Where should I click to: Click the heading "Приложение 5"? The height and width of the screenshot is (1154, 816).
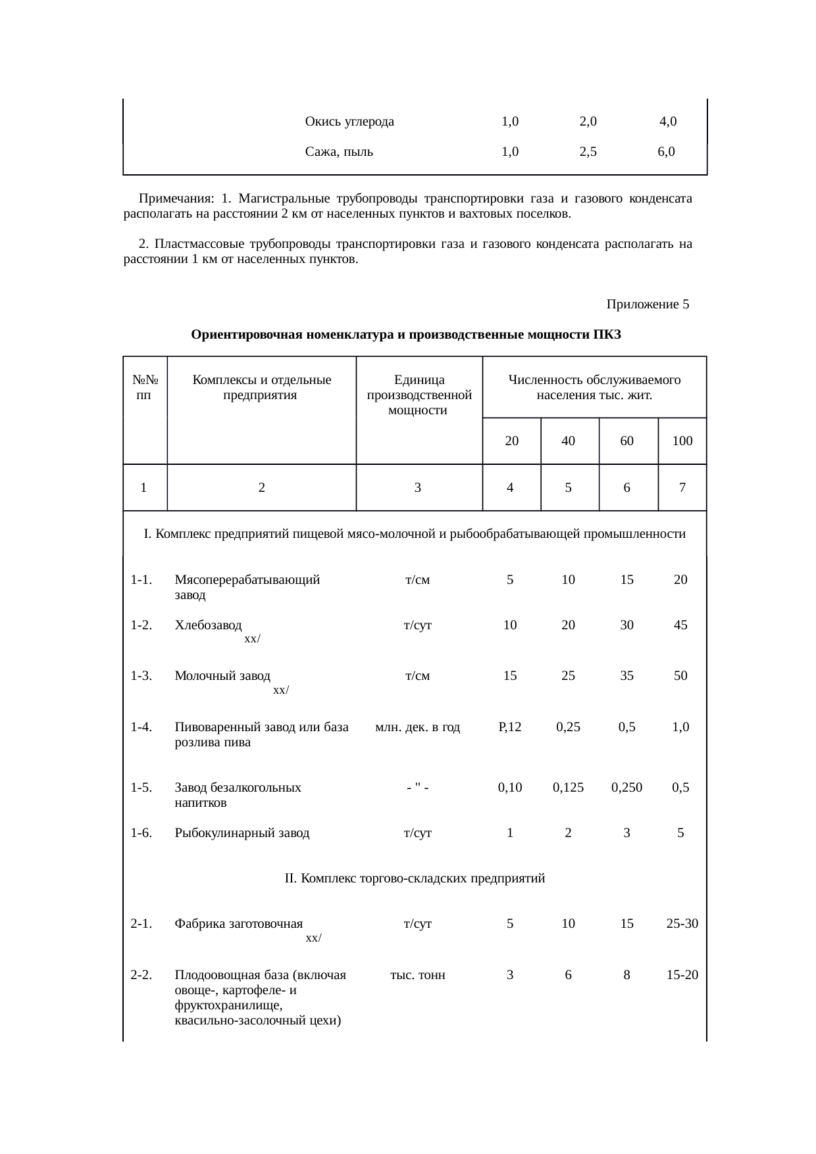point(647,304)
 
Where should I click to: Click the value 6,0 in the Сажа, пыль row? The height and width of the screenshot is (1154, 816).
point(666,152)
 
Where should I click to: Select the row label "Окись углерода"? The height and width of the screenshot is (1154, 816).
point(349,121)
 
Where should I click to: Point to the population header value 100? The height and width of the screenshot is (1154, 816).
point(682,441)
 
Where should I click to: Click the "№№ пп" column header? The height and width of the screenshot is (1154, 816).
point(144,387)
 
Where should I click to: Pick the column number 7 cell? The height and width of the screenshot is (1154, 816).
point(682,487)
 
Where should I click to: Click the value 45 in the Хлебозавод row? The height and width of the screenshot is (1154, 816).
point(680,625)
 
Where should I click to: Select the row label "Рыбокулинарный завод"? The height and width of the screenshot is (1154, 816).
point(242,833)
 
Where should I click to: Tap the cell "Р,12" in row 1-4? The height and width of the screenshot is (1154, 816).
point(510,727)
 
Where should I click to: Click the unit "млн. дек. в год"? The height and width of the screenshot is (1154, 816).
point(417,727)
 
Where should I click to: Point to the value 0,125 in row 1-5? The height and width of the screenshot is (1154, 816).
point(568,787)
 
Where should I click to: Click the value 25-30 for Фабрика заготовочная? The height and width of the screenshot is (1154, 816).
point(682,924)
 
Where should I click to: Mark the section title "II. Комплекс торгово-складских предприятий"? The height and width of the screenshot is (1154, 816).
point(415,878)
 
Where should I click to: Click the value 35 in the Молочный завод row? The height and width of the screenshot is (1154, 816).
point(626,675)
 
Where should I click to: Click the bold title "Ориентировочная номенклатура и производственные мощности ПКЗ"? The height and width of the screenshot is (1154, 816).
point(405,335)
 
